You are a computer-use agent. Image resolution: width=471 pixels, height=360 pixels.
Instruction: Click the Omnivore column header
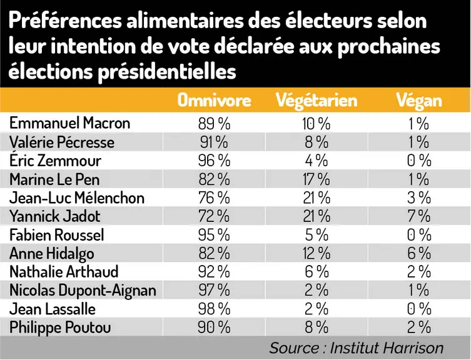214,100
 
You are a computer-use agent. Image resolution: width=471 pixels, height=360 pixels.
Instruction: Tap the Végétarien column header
317,100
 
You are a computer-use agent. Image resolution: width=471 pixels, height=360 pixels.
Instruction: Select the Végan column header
419,100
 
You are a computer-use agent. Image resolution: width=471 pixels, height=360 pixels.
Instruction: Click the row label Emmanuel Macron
69,122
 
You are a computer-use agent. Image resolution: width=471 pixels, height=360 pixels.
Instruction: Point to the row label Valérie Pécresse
62,142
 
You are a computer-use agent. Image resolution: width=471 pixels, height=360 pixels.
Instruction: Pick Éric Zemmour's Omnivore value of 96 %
214,161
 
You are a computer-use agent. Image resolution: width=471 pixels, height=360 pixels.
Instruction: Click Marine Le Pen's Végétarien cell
317,179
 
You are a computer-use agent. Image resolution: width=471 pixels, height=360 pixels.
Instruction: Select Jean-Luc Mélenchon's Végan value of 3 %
419,198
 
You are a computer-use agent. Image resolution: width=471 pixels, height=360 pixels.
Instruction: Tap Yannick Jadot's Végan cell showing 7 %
419,216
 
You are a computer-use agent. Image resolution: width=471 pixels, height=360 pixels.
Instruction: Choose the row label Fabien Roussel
57,235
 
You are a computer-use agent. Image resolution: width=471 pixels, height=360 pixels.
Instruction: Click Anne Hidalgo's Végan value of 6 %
419,253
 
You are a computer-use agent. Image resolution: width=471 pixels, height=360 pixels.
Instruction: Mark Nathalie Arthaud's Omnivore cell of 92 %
214,272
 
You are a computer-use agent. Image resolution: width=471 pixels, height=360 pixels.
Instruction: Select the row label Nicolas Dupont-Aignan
83,291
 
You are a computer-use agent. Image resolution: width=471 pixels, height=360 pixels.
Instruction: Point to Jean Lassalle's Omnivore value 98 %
214,309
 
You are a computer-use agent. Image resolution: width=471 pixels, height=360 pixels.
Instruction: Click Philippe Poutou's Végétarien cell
317,327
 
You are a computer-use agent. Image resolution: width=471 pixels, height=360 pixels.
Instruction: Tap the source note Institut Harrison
387,348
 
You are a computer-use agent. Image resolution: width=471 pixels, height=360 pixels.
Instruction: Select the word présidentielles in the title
167,72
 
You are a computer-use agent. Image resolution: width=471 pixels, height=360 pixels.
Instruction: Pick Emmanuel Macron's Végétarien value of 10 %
317,123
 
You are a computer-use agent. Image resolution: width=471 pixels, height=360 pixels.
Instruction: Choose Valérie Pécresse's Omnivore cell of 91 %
214,142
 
